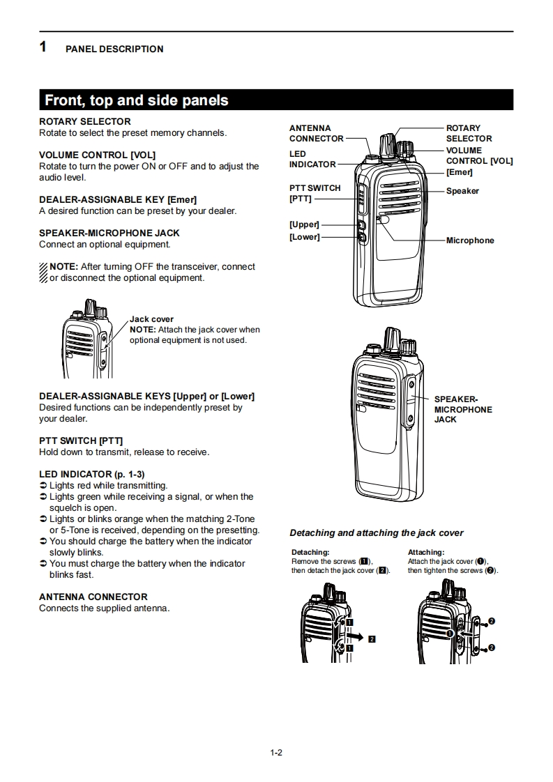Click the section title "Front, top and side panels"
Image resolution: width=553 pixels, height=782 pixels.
pos(137,100)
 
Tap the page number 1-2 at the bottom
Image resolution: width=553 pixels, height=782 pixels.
pos(276,752)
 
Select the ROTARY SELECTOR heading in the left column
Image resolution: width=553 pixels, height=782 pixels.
pos(84,121)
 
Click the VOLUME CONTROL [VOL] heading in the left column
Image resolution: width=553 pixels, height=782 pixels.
pos(97,155)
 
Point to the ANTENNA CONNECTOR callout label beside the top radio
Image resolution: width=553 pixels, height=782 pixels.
pos(316,133)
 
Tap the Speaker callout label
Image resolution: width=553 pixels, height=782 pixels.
pos(462,191)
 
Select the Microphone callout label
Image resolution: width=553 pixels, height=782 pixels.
pos(470,240)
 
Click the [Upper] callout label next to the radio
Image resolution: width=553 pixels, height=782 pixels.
pos(304,224)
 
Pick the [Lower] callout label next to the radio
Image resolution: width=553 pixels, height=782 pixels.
pos(304,237)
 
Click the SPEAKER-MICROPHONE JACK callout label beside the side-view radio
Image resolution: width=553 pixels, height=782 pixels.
pos(462,409)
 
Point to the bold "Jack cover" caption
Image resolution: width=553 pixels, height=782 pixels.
pos(151,319)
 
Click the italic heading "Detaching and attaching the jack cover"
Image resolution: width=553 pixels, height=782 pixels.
pos(376,533)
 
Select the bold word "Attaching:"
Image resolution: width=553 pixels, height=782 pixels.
pos(425,552)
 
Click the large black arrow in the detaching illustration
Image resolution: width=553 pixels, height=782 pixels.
pos(356,636)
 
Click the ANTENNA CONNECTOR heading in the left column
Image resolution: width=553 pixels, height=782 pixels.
pos(93,597)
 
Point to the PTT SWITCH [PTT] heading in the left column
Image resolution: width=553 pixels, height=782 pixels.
pos(81,440)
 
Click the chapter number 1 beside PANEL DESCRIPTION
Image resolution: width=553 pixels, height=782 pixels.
pos(43,47)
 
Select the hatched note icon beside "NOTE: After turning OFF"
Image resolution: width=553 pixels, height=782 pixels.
pos(43,273)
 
